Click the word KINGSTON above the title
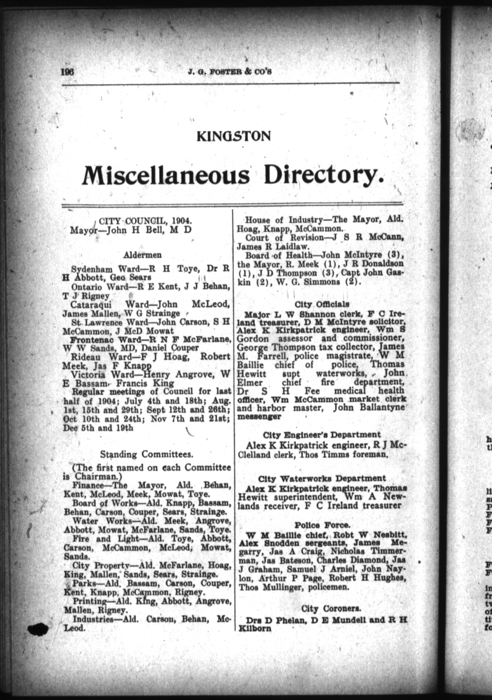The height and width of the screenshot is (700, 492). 234,136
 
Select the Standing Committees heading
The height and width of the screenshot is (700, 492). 146,454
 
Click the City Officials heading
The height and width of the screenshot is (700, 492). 322,304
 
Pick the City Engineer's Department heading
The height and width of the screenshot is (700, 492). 322,435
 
